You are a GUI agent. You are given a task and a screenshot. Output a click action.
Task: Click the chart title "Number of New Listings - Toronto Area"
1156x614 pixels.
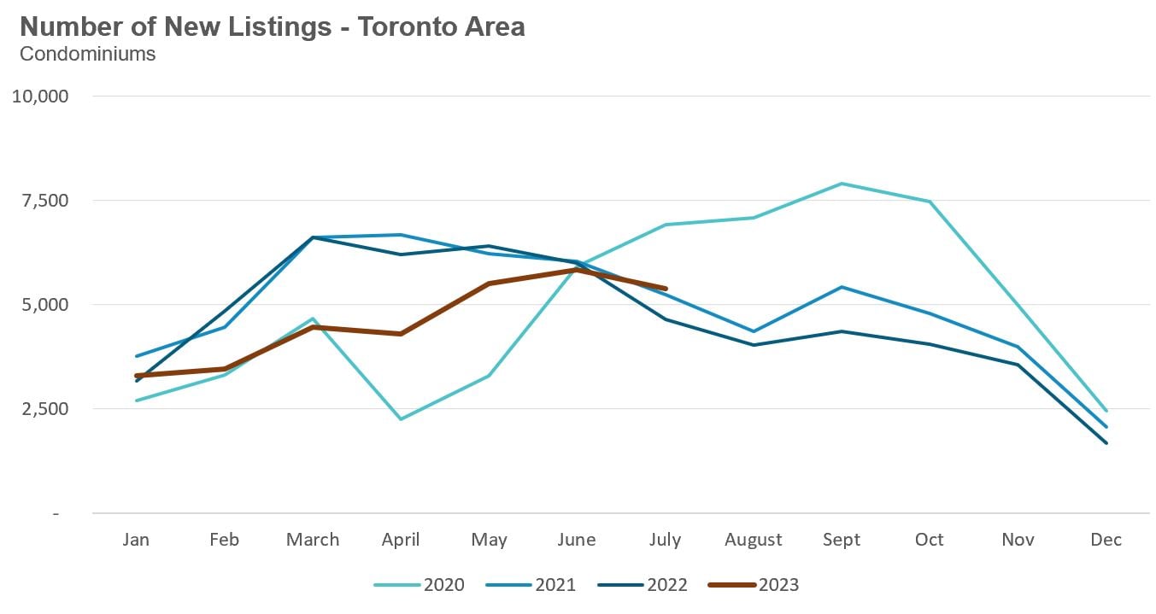pos(273,27)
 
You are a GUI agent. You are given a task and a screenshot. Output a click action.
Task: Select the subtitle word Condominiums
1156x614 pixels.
pos(87,54)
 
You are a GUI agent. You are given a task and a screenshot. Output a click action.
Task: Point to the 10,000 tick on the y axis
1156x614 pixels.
pos(39,96)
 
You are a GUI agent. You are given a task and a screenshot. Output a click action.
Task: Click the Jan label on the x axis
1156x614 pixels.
pos(136,540)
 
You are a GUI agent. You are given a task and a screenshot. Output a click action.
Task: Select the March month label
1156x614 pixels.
pos(313,540)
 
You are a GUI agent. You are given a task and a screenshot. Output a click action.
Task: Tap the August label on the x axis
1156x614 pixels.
pos(753,540)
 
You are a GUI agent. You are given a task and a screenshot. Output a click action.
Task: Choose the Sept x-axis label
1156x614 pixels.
pos(842,540)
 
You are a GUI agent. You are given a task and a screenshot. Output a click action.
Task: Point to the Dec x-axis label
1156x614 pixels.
pos(1106,540)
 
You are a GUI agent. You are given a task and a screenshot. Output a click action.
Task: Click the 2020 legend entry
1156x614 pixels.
pos(420,585)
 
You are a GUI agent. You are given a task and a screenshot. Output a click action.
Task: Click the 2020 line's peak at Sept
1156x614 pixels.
pos(842,184)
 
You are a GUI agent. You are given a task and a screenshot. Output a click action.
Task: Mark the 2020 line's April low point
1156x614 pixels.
pos(401,419)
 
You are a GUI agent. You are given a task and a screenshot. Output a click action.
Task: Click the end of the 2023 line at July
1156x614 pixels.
pos(666,289)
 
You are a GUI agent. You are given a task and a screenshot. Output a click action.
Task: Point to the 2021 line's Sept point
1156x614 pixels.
pos(842,287)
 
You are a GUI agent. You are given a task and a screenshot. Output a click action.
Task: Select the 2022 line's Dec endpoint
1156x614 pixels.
pos(1106,443)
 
